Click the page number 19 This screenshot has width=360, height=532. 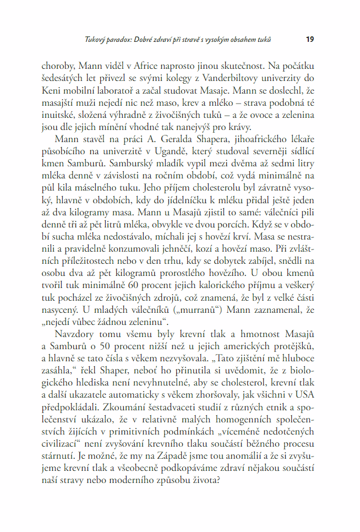tap(310, 40)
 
